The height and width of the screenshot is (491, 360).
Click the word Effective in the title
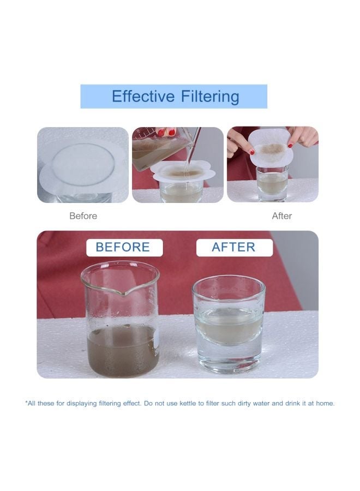(x=142, y=97)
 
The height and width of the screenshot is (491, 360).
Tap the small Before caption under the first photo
(x=83, y=216)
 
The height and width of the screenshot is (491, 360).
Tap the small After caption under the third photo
(x=281, y=216)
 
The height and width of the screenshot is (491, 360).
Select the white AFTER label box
(x=234, y=247)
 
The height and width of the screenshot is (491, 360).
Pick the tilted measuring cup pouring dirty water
(x=158, y=147)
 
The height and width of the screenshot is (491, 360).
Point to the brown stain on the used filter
(x=271, y=149)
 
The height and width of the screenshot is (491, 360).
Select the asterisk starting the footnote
(x=27, y=403)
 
